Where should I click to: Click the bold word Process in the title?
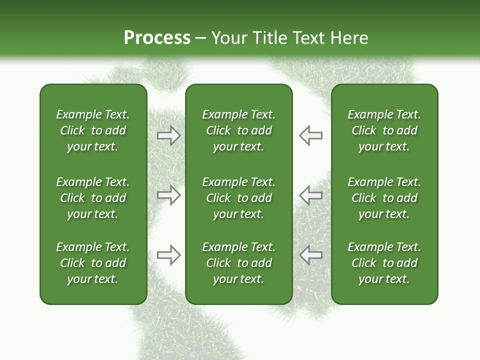157,38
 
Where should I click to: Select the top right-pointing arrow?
168,135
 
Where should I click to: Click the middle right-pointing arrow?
168,195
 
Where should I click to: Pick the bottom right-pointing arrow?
168,255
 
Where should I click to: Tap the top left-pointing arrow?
310,135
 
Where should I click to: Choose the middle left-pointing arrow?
310,195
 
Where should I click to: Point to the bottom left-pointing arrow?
310,255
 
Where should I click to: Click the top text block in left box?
93,130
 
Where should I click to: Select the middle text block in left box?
93,198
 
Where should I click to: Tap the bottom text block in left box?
93,263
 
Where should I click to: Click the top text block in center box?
238,130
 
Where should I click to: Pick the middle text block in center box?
238,198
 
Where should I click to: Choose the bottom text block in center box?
238,263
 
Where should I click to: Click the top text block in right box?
384,130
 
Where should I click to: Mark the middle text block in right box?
384,198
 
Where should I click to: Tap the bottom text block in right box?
384,263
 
